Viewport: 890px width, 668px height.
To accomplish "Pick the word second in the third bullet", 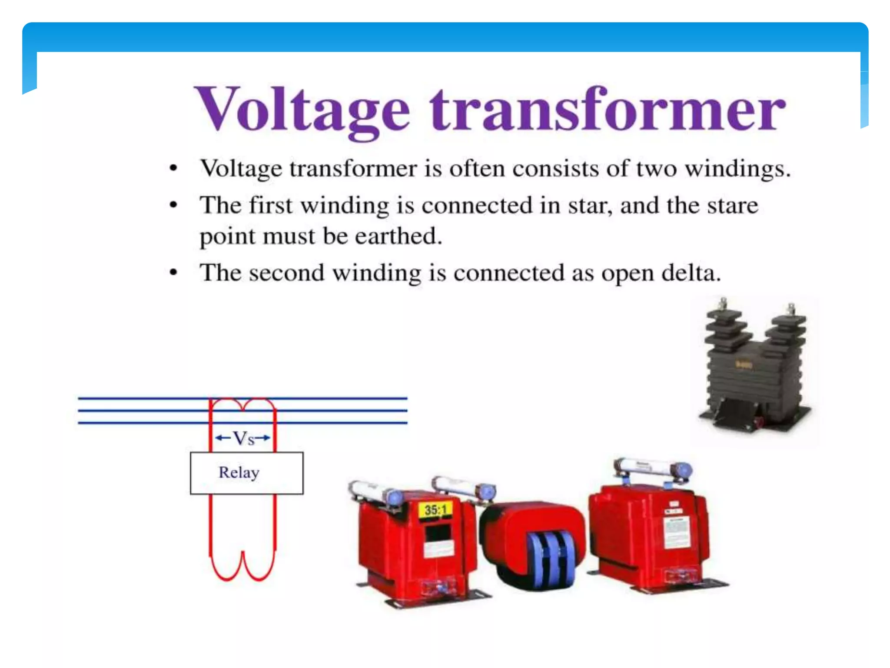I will point(286,274).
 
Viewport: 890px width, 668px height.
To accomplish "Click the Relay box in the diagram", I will point(246,473).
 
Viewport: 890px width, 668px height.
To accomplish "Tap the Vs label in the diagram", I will point(243,438).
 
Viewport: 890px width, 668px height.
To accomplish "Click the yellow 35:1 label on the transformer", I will point(435,510).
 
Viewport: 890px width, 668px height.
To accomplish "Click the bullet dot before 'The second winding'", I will point(173,273).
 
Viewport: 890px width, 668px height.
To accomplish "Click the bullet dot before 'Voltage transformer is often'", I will point(173,168).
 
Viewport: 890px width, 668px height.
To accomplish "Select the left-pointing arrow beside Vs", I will point(223,438).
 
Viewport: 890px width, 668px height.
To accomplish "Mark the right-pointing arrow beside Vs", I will point(263,438).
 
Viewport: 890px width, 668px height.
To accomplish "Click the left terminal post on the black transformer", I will point(723,304).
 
